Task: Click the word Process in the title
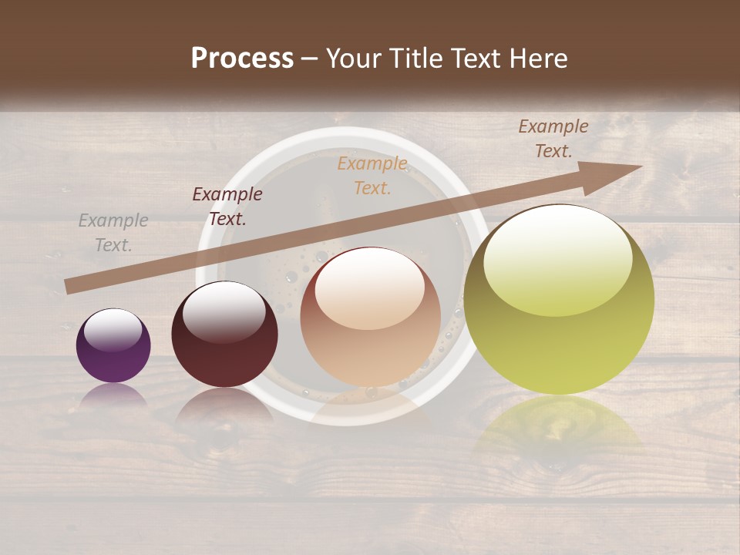[x=242, y=59]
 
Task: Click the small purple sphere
[x=113, y=346]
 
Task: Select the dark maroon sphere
[x=224, y=335]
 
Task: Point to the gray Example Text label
[x=113, y=233]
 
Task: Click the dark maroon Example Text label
[x=227, y=207]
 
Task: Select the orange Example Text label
[x=372, y=175]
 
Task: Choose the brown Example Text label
[x=553, y=139]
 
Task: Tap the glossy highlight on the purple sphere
[x=113, y=329]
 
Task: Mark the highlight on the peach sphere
[x=369, y=289]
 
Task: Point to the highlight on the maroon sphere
[x=223, y=310]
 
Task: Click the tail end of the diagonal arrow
[x=71, y=286]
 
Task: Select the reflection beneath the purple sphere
[x=113, y=396]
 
